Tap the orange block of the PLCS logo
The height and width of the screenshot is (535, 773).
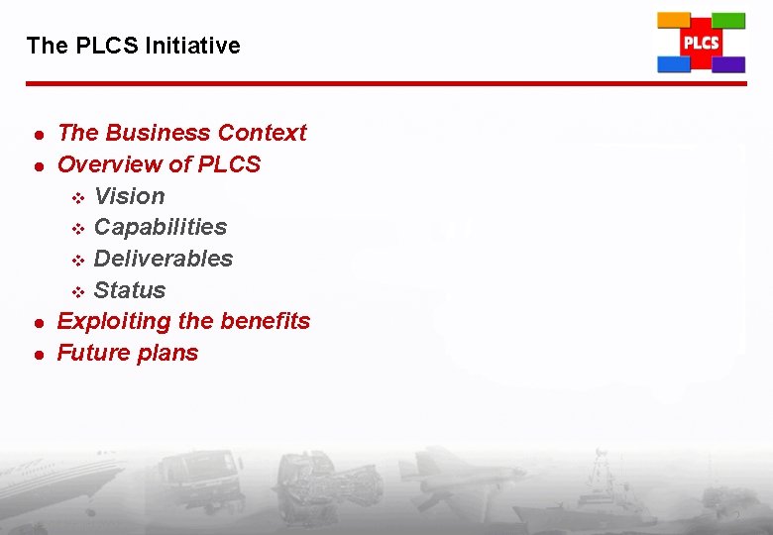tap(674, 20)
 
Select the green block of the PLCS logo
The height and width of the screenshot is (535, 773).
tap(729, 20)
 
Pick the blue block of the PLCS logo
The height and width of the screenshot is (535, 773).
tap(674, 64)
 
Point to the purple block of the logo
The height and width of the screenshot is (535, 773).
tap(729, 64)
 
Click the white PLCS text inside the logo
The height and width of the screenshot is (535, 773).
tap(701, 43)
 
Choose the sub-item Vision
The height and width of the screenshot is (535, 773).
tap(129, 196)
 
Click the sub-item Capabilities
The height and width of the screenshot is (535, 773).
tap(160, 227)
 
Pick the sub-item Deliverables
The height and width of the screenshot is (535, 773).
tap(164, 259)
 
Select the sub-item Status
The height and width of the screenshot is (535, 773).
tap(129, 290)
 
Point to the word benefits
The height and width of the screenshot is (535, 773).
tap(266, 321)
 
